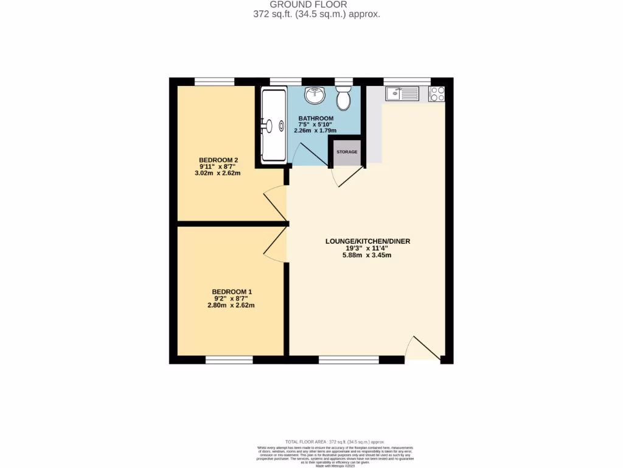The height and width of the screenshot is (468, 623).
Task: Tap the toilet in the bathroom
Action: pyautogui.click(x=344, y=97)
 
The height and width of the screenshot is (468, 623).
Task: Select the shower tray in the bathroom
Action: pyautogui.click(x=274, y=126)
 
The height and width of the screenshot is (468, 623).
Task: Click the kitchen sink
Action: pyautogui.click(x=402, y=94)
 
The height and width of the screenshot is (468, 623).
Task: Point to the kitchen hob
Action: pyautogui.click(x=437, y=93)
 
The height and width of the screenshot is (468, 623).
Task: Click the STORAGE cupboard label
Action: pyautogui.click(x=347, y=151)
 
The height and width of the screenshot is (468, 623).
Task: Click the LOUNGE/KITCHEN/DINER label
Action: pyautogui.click(x=368, y=241)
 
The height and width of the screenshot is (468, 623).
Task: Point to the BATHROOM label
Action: pyautogui.click(x=316, y=118)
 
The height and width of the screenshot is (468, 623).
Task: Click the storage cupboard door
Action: pyautogui.click(x=347, y=176)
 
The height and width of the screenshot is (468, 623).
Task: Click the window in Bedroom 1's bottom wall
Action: pyautogui.click(x=229, y=360)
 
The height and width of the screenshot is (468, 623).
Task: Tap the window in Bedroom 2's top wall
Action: pyautogui.click(x=214, y=81)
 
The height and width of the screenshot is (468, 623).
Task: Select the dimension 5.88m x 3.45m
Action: pyautogui.click(x=367, y=255)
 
